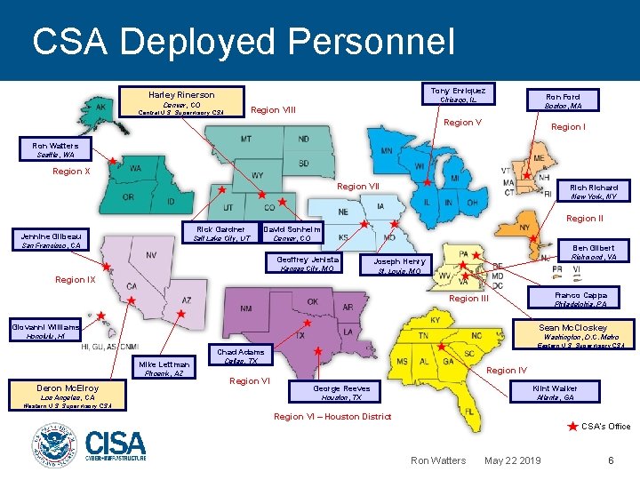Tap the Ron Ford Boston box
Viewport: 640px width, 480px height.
pyautogui.click(x=564, y=100)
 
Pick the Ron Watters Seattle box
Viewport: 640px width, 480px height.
pyautogui.click(x=55, y=149)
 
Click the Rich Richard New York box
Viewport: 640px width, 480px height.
pyautogui.click(x=593, y=192)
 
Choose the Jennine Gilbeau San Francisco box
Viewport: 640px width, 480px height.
pyautogui.click(x=52, y=240)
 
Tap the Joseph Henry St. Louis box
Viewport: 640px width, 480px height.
pyautogui.click(x=399, y=266)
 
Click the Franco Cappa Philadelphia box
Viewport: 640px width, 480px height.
pyautogui.click(x=580, y=299)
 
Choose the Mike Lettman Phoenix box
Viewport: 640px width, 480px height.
pyautogui.click(x=164, y=368)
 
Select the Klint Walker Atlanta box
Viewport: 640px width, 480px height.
pyautogui.click(x=555, y=392)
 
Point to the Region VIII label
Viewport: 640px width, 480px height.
pyautogui.click(x=274, y=110)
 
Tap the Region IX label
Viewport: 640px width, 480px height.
pyautogui.click(x=76, y=280)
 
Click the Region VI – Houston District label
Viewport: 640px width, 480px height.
pyautogui.click(x=332, y=416)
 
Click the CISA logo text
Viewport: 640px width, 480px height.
pyautogui.click(x=116, y=441)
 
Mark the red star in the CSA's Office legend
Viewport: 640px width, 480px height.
pyautogui.click(x=572, y=428)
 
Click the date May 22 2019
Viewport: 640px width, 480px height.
pyautogui.click(x=512, y=460)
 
